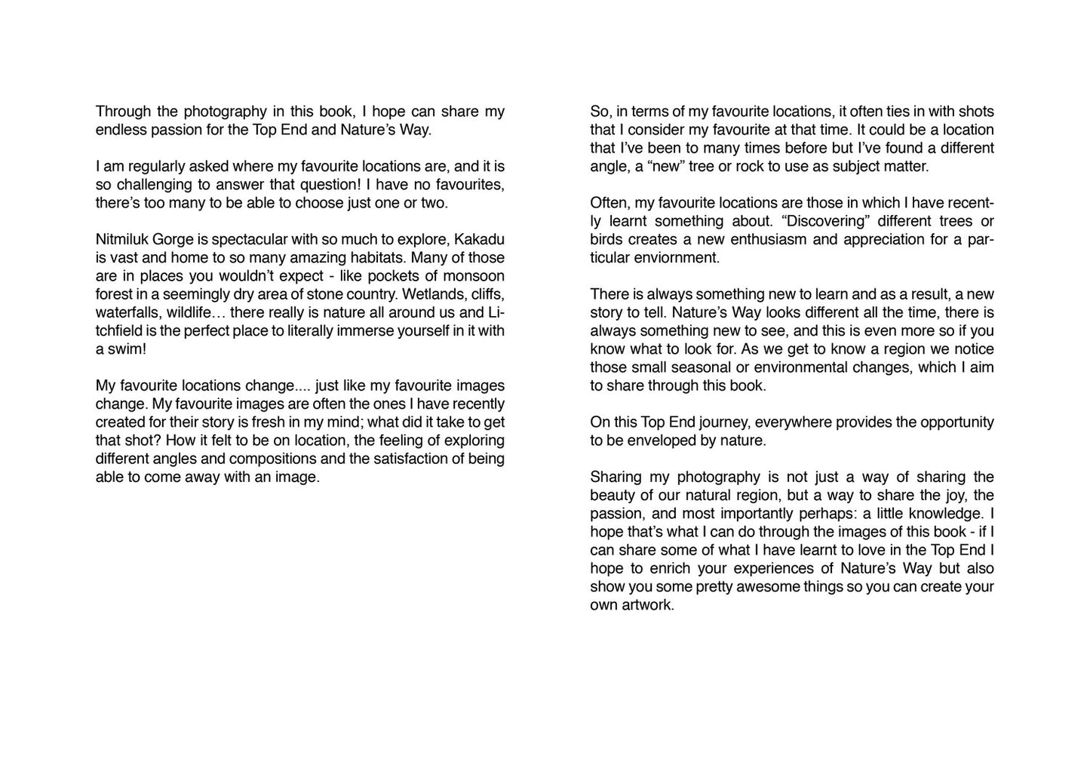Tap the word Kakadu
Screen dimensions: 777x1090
(x=481, y=240)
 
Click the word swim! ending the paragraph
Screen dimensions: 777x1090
(x=127, y=349)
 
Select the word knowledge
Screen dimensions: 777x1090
(x=944, y=514)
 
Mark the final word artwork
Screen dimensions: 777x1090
(x=646, y=605)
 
